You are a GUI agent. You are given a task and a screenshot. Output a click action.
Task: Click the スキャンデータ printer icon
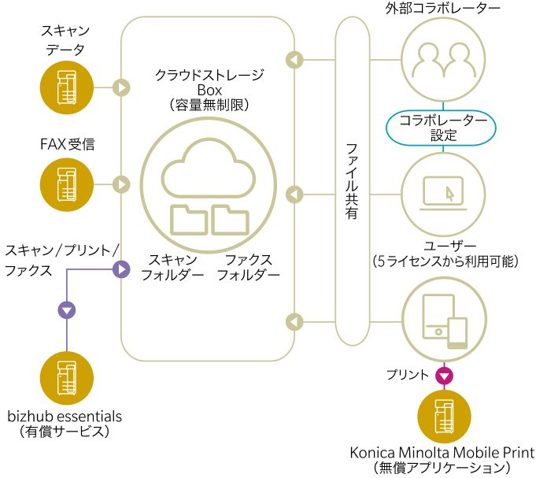(67, 87)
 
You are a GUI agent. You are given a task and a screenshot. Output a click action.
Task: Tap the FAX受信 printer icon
(67, 184)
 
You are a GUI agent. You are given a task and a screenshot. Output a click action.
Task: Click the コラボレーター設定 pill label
(442, 127)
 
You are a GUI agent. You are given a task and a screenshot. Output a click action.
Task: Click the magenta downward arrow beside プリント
(445, 376)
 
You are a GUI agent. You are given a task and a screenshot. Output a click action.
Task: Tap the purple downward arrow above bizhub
(67, 309)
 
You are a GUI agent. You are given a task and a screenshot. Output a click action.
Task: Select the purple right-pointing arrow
(121, 270)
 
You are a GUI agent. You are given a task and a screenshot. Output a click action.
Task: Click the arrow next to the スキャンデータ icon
(121, 87)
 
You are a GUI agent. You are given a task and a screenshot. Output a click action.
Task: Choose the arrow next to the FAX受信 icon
(121, 184)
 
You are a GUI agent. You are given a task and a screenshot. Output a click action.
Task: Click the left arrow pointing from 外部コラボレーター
(294, 59)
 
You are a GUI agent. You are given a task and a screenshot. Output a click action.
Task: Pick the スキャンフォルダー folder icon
(189, 220)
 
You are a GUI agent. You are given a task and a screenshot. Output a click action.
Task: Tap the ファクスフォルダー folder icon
(231, 220)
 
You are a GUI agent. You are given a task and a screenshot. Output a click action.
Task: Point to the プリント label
(408, 376)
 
